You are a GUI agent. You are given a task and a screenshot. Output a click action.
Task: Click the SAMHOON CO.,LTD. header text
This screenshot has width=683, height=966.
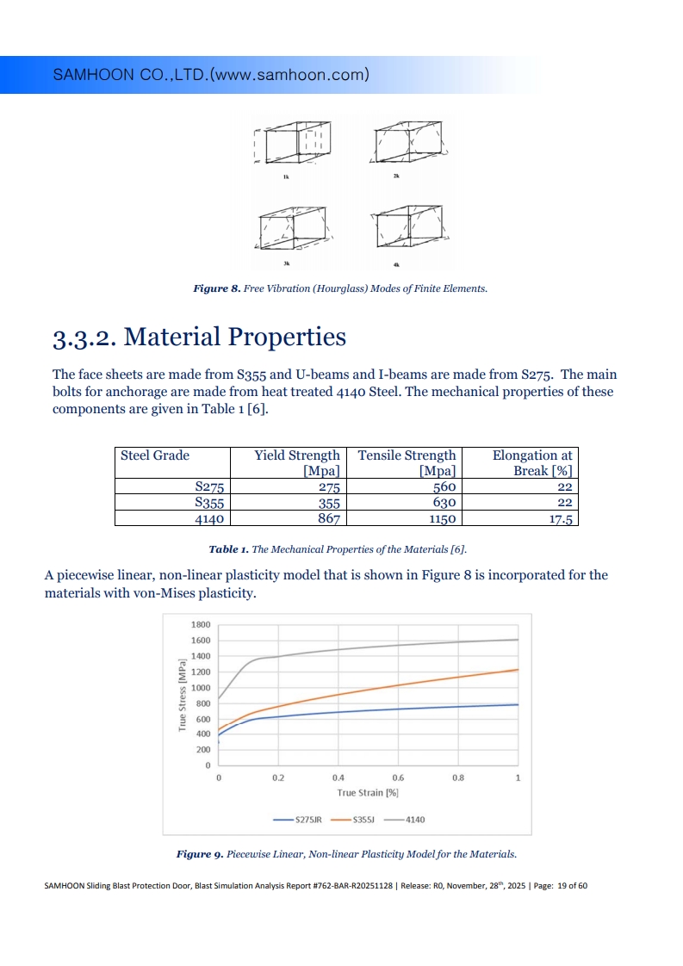pyautogui.click(x=212, y=75)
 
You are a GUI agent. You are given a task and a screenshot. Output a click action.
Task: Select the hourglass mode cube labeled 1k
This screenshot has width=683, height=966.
pyautogui.click(x=293, y=144)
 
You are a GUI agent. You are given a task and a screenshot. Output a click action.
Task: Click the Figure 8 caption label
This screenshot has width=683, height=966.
pyautogui.click(x=215, y=288)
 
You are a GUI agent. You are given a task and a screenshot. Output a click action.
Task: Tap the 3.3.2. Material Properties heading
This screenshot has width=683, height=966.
pyautogui.click(x=200, y=337)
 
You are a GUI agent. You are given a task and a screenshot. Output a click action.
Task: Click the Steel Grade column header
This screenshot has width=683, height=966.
pyautogui.click(x=155, y=455)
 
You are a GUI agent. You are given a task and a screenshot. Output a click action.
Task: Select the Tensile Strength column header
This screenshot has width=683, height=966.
pyautogui.click(x=407, y=462)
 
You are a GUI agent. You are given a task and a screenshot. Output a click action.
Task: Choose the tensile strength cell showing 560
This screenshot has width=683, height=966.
pyautogui.click(x=443, y=487)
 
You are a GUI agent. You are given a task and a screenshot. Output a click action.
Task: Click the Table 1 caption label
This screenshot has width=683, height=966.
pyautogui.click(x=228, y=548)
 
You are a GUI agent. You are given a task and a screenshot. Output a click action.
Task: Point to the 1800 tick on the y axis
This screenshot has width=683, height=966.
pyautogui.click(x=201, y=624)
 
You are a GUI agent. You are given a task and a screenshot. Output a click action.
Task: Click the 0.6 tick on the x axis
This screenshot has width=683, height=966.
pyautogui.click(x=398, y=777)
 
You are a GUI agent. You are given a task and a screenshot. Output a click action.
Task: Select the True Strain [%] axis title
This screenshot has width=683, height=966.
pyautogui.click(x=367, y=793)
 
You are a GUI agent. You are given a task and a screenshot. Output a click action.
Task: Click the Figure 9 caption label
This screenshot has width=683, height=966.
pyautogui.click(x=200, y=854)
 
